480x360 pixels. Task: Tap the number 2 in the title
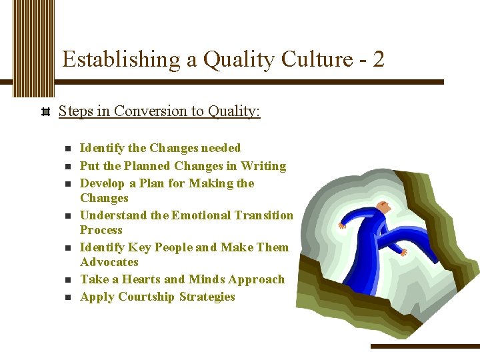378,60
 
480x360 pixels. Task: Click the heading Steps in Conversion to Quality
159,111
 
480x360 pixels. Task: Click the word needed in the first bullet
220,148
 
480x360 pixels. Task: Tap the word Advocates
109,262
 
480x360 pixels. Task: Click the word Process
101,230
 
